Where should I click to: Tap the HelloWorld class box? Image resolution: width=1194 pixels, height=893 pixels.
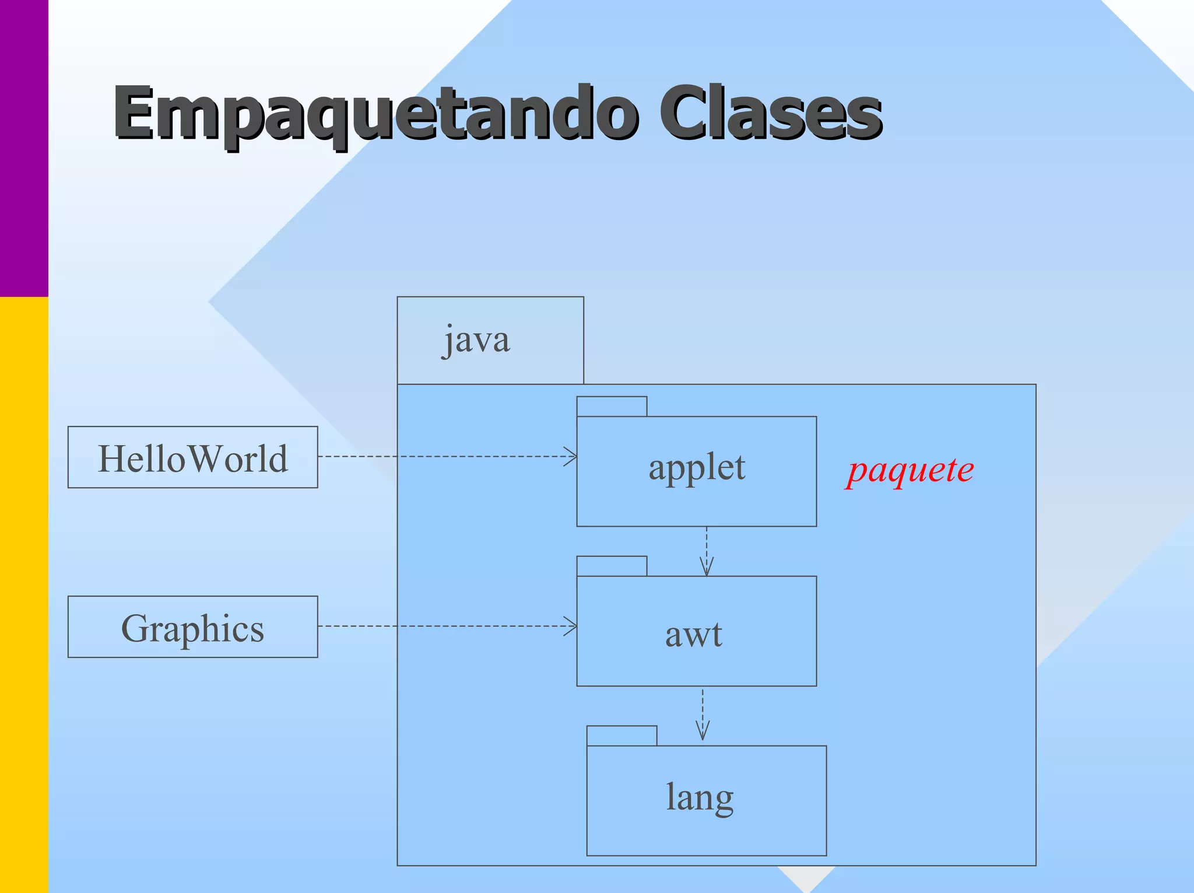coord(192,457)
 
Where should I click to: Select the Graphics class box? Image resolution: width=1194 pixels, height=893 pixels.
coord(192,627)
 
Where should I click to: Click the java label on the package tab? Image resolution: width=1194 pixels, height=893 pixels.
coord(476,340)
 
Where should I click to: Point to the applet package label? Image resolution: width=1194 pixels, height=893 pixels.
coord(697,468)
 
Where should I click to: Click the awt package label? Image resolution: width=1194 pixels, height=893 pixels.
coord(694,635)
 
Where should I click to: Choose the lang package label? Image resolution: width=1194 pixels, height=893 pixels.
coord(700,798)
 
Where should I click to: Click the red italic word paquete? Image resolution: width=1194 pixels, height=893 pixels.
coord(910,470)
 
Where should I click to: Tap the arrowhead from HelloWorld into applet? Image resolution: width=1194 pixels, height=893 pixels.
coord(571,457)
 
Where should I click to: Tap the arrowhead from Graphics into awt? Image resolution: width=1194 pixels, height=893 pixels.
coord(571,626)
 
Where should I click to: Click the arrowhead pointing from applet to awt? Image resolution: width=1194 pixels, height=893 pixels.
coord(707,568)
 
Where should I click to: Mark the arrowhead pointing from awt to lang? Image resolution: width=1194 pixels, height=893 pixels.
coord(703,733)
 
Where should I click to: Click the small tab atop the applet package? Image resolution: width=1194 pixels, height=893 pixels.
coord(612,407)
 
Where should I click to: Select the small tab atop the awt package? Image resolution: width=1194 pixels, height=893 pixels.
coord(612,566)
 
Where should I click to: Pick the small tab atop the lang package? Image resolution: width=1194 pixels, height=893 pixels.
coord(621,736)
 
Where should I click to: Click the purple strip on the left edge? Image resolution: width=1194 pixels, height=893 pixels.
coord(24,146)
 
